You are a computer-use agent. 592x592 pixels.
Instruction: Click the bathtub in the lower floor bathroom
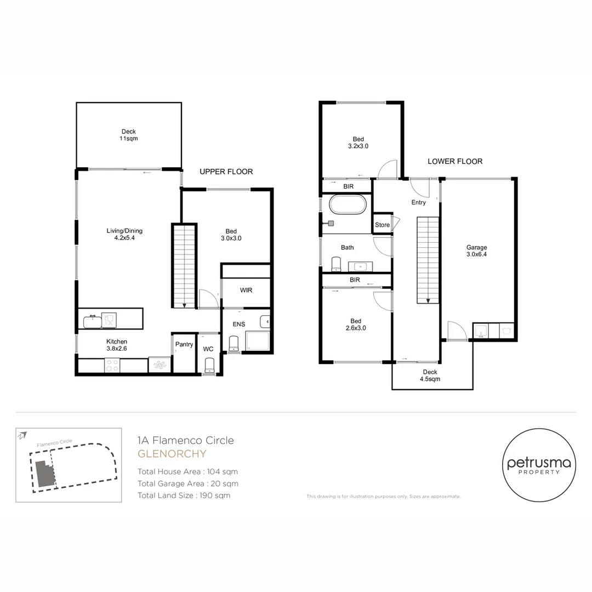[348, 204]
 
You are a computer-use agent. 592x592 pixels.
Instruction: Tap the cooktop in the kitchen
[112, 366]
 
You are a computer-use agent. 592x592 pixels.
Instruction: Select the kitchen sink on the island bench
[93, 321]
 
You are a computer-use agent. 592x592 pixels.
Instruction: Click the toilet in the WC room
[209, 366]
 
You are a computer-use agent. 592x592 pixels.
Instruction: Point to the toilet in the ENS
[234, 344]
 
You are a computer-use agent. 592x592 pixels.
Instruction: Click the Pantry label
[184, 344]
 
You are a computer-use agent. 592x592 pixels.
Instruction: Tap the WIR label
[246, 291]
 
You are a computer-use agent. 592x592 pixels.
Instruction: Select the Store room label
[382, 225]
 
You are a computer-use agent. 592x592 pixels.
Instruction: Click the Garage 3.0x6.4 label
[476, 251]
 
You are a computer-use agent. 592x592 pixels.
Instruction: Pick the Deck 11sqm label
[129, 135]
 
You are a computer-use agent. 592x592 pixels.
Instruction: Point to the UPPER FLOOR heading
[226, 172]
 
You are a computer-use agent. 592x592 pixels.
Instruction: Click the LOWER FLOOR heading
[455, 161]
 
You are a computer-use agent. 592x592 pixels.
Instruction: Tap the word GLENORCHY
[172, 454]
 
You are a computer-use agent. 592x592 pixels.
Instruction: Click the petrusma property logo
[539, 465]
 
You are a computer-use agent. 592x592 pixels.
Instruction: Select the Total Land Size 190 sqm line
[184, 496]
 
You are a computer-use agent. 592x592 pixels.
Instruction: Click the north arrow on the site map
[22, 436]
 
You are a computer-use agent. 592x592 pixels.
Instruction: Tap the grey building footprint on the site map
[45, 474]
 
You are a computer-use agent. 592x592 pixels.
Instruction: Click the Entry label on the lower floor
[418, 202]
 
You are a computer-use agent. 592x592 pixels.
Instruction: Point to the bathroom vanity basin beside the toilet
[360, 266]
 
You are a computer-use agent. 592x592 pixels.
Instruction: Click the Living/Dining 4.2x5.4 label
[124, 234]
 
